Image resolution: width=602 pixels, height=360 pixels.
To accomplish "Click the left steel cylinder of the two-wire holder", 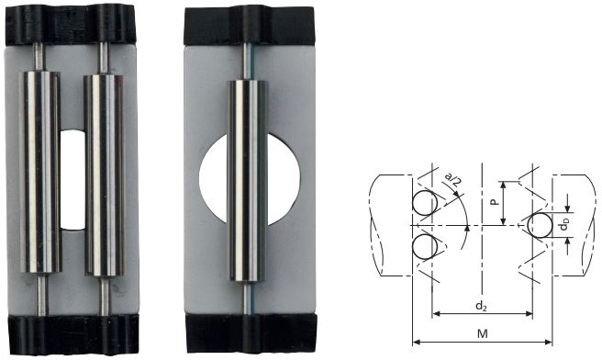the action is (x=40, y=172).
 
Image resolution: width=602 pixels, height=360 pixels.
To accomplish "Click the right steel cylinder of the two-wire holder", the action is (x=104, y=175).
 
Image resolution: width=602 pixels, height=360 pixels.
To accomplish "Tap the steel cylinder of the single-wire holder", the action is (x=249, y=181).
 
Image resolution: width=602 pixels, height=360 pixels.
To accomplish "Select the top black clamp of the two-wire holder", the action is (x=71, y=24).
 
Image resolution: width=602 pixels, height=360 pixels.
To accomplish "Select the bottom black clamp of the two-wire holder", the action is (x=73, y=334).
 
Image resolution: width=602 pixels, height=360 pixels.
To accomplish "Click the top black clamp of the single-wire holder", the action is (x=250, y=27).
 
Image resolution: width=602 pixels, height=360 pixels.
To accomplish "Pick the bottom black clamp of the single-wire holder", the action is (x=251, y=332).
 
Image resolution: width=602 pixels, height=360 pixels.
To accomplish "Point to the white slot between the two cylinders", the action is (x=72, y=180).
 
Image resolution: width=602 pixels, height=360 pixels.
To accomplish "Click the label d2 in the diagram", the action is (x=481, y=306).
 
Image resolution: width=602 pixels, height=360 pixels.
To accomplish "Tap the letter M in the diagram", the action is (x=482, y=333).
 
